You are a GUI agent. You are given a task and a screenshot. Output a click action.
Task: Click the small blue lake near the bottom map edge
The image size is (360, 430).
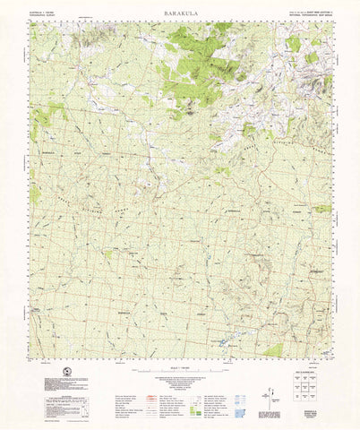222,340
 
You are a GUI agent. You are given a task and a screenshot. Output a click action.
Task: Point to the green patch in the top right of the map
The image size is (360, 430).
294,43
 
